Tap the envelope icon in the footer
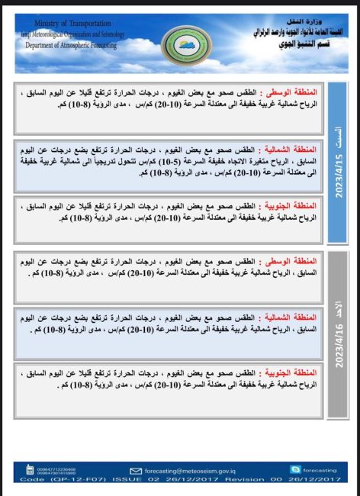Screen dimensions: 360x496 pos(137,471)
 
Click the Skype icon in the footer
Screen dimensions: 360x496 pos(295,470)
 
